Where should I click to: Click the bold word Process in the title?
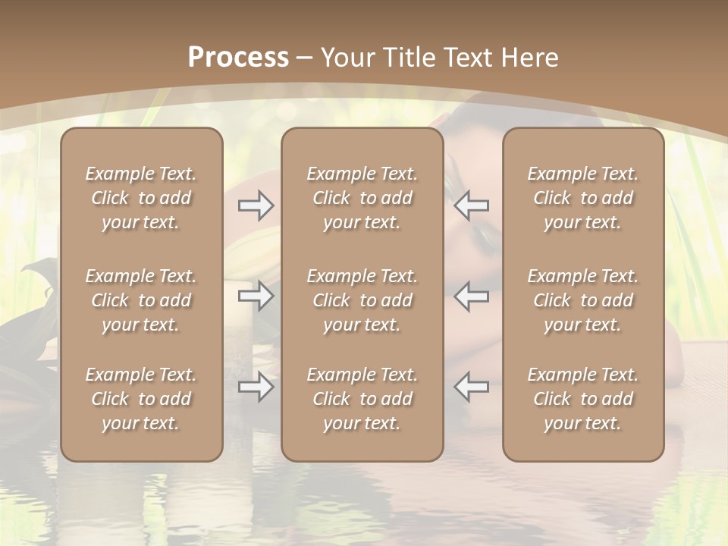(238, 58)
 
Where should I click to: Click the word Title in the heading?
(410, 58)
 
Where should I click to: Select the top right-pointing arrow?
(256, 206)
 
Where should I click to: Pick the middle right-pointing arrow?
(256, 296)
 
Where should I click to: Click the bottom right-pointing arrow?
(256, 388)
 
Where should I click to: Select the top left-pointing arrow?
(472, 206)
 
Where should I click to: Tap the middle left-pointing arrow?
(472, 296)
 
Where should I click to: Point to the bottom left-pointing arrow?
(472, 388)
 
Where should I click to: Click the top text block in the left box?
(141, 198)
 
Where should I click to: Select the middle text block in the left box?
(141, 300)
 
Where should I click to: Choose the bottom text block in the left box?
(141, 399)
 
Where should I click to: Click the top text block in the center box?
(362, 198)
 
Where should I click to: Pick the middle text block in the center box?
(362, 300)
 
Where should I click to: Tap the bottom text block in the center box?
(362, 399)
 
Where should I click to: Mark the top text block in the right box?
(583, 198)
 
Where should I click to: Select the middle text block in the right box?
(583, 300)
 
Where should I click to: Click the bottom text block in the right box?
(583, 399)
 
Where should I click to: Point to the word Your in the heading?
(348, 58)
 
